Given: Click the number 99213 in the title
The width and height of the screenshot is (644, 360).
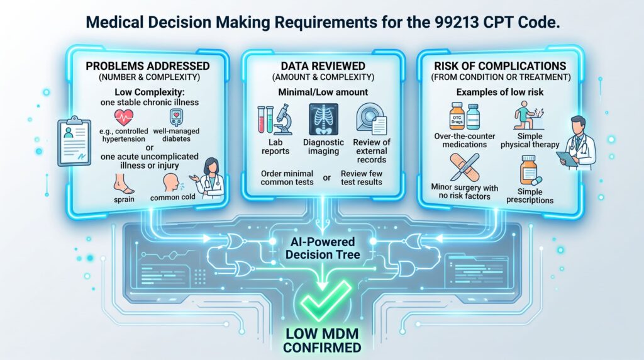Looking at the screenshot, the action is (456, 22).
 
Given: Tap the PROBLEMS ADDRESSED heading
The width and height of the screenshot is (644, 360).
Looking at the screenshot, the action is (147, 66).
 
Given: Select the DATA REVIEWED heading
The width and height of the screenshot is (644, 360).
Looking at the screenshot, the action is (323, 66).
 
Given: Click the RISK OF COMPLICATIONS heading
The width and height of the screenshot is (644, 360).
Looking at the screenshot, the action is (500, 66).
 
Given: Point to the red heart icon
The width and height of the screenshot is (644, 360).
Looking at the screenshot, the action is (124, 118).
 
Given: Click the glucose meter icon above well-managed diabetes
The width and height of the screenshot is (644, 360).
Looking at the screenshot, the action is (176, 118).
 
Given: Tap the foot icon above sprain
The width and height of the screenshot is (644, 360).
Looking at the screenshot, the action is (124, 184).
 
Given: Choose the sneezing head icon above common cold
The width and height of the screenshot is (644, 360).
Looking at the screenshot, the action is (171, 183).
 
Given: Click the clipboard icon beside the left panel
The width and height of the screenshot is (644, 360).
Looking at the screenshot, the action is (74, 141).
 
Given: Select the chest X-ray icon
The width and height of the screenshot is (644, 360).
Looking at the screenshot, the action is (324, 120).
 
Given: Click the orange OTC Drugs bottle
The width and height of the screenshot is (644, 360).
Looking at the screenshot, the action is (457, 116).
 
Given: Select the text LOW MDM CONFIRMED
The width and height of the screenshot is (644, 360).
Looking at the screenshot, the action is (323, 340).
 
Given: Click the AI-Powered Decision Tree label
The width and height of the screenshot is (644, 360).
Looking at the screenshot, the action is (323, 248).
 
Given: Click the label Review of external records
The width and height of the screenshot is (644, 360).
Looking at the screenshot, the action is (372, 151).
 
